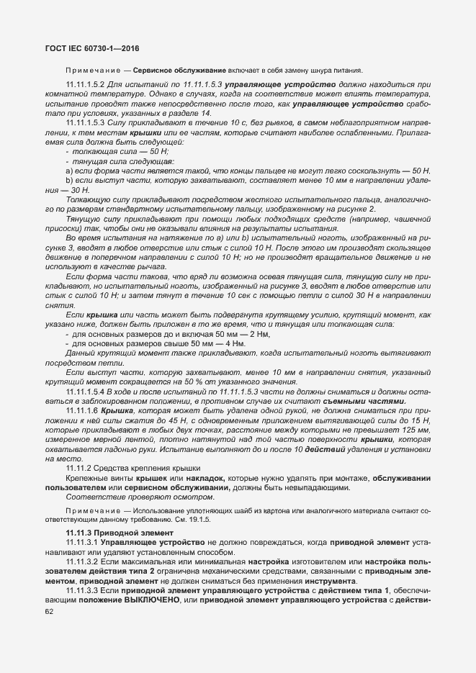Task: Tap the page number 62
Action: pos(50,611)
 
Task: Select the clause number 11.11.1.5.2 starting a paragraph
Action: pos(90,85)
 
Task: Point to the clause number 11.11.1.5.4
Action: pos(90,390)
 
